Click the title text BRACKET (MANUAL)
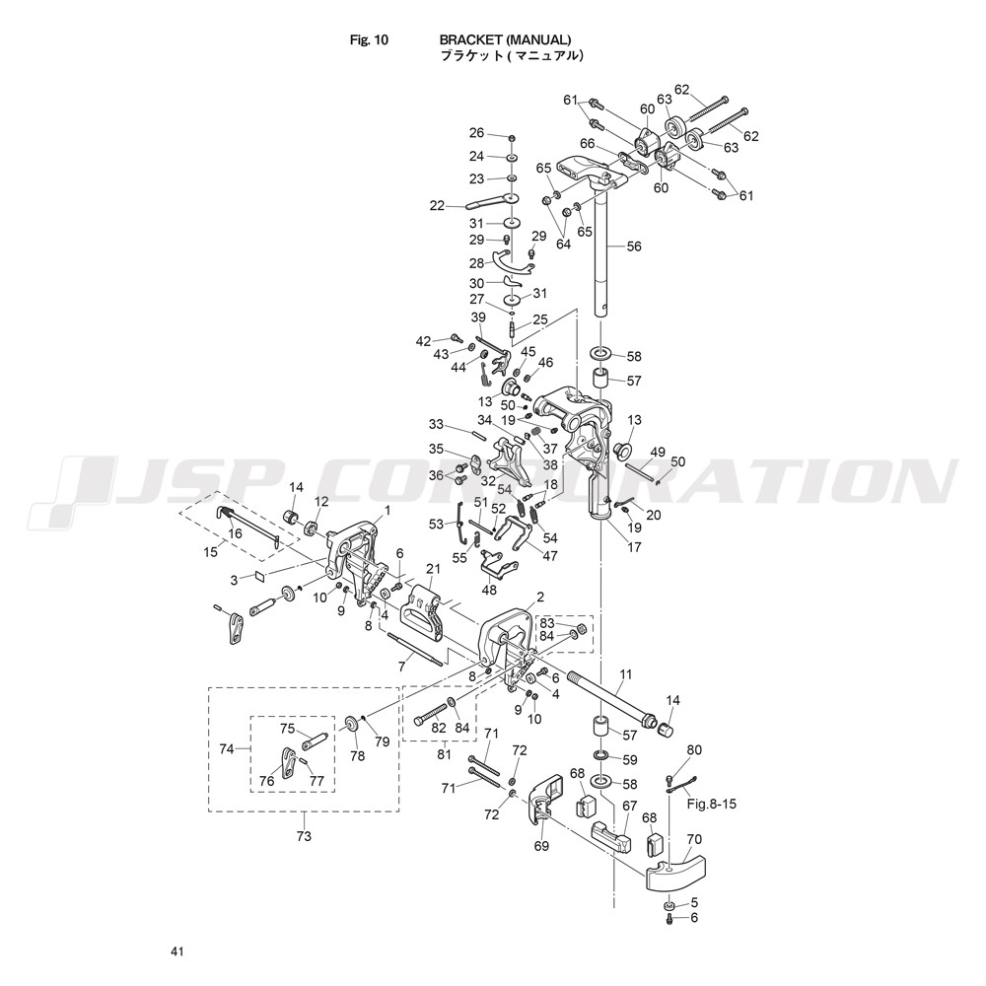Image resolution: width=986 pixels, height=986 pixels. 505,39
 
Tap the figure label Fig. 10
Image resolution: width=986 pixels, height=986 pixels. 369,40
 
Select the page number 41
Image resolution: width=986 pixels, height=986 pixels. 176,952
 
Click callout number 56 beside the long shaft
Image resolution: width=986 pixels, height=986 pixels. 634,246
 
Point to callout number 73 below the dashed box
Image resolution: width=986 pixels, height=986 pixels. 304,836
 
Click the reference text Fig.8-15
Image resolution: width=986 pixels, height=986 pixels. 711,804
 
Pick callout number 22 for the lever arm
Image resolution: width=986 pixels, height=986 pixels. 437,206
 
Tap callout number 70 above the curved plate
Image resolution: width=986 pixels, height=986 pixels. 694,839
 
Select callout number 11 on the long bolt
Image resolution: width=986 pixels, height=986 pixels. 625,674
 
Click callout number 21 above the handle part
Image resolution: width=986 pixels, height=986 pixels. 433,569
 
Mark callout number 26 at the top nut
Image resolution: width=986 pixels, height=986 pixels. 477,133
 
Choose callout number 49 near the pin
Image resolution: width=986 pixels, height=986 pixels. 657,453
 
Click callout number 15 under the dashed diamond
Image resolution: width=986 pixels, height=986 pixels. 211,551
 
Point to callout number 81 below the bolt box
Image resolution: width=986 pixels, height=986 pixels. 445,754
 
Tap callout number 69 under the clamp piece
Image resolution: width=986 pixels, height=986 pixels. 541,846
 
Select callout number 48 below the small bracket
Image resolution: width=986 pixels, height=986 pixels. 489,590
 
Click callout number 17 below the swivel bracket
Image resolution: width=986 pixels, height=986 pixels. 634,547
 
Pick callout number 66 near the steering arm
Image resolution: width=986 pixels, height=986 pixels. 587,144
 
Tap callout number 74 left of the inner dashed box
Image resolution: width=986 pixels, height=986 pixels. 227,748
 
